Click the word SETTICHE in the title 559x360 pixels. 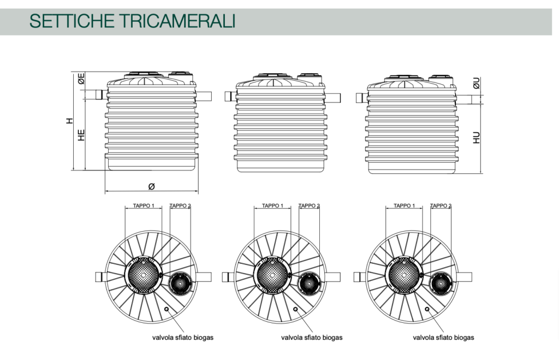pyautogui.click(x=72, y=21)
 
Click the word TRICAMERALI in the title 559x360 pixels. pyautogui.click(x=177, y=21)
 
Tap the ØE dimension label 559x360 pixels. pyautogui.click(x=81, y=79)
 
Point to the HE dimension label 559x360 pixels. pyautogui.click(x=81, y=135)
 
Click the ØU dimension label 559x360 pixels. pyautogui.click(x=476, y=83)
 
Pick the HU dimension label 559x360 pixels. pyautogui.click(x=476, y=137)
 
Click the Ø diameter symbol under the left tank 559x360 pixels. pyautogui.click(x=152, y=186)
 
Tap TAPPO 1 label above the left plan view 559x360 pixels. pyautogui.click(x=144, y=205)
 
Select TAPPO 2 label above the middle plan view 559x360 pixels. pyautogui.click(x=309, y=205)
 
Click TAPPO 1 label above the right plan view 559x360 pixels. pyautogui.click(x=405, y=205)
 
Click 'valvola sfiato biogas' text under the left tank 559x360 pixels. pyautogui.click(x=182, y=338)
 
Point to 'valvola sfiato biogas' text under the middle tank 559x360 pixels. pyautogui.click(x=312, y=338)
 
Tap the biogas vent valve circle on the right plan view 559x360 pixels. pyautogui.click(x=427, y=309)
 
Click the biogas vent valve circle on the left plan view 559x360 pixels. pyautogui.click(x=166, y=309)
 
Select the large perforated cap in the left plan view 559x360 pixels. pyautogui.click(x=144, y=275)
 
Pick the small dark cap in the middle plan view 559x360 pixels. pyautogui.click(x=309, y=284)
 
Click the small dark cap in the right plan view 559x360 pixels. pyautogui.click(x=441, y=284)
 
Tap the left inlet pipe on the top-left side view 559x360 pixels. pyautogui.click(x=101, y=95)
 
